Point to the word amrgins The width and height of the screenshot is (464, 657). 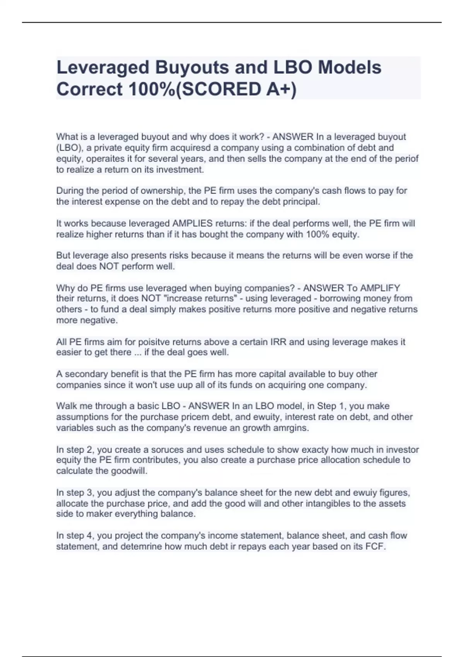(x=291, y=428)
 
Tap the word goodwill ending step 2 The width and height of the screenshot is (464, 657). (x=128, y=471)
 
